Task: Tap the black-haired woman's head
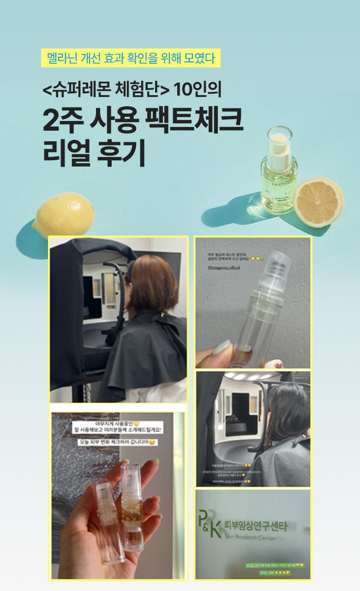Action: click(x=282, y=406)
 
